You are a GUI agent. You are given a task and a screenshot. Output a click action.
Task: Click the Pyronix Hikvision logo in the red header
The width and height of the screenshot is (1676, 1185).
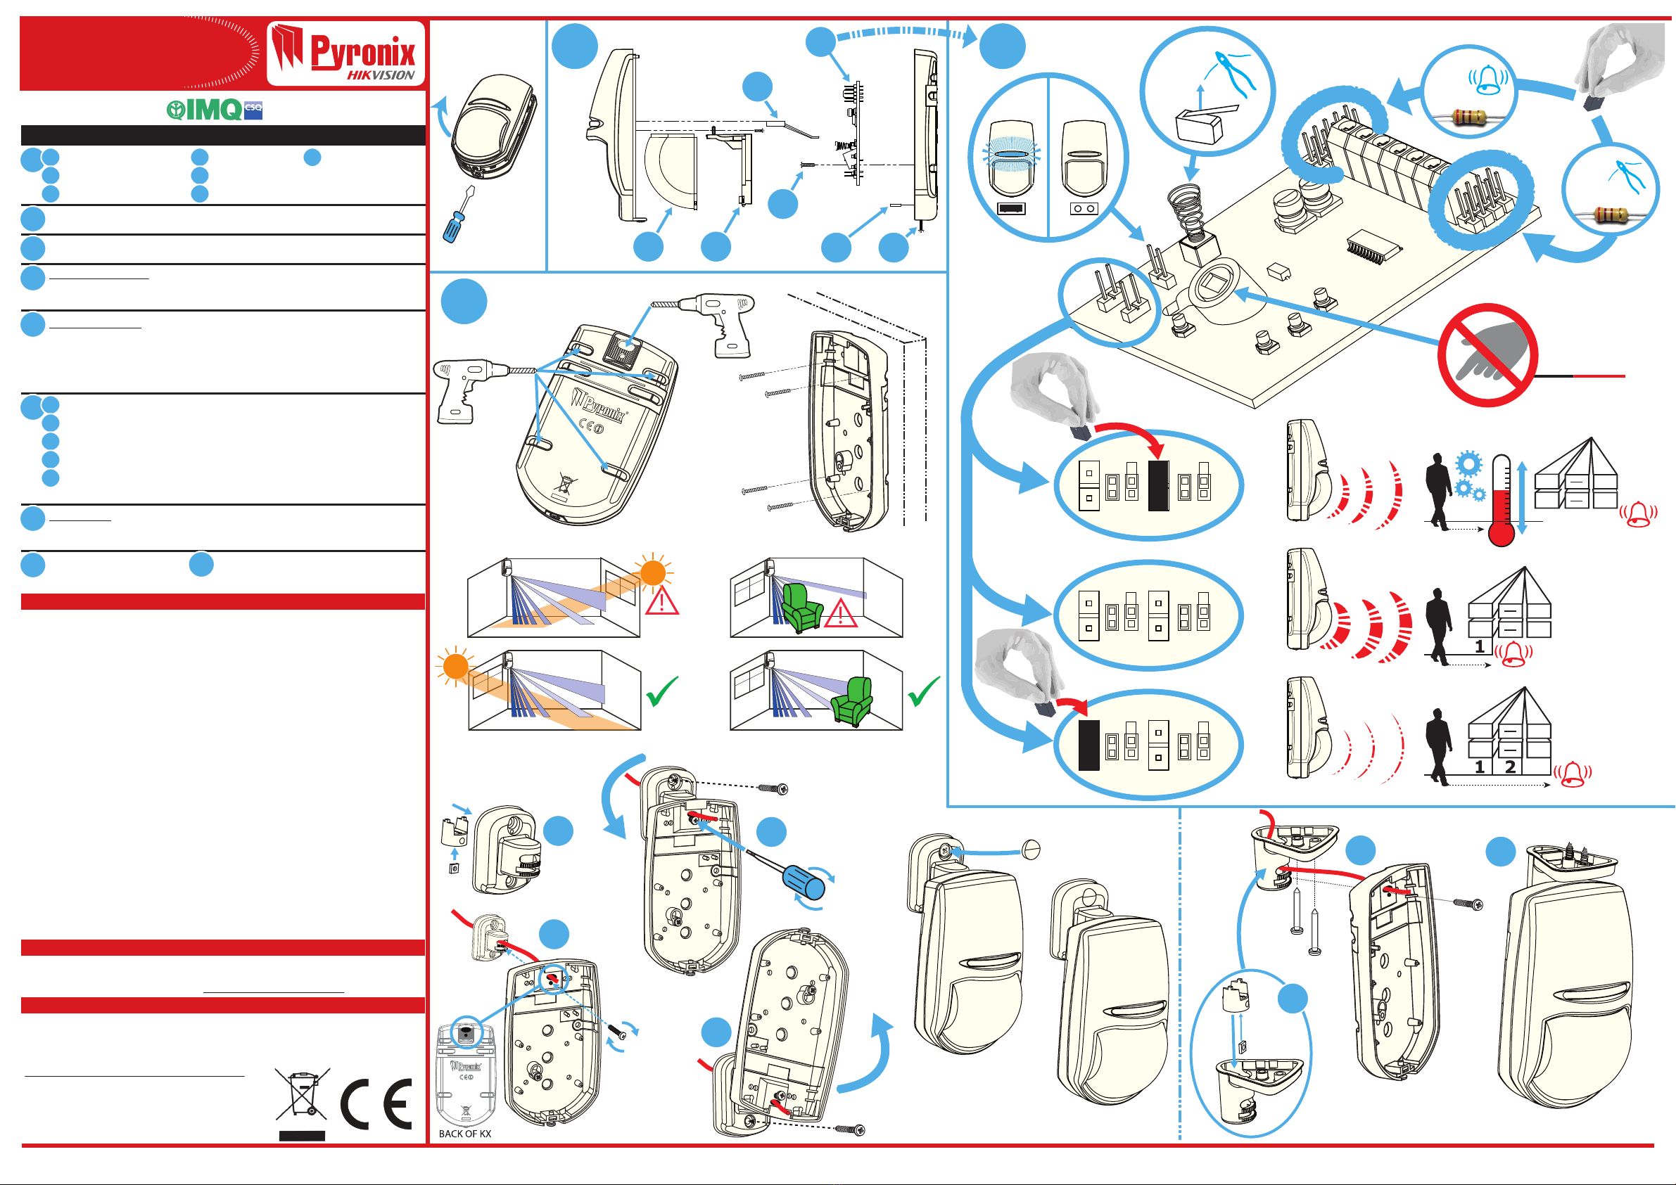click(345, 55)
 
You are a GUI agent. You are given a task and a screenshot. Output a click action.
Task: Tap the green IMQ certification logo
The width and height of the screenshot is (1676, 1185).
click(214, 110)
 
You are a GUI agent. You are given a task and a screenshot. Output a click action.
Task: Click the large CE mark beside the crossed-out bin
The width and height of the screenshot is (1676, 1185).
click(376, 1103)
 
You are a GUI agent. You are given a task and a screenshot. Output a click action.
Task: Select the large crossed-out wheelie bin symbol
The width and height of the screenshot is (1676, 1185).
click(301, 1094)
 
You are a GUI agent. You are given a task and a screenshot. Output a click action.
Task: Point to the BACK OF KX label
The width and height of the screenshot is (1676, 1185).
click(465, 1134)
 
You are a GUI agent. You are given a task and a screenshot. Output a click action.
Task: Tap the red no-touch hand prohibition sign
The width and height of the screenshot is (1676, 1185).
click(1487, 355)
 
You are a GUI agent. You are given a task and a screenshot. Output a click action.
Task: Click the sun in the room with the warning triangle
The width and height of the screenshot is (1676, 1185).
click(652, 572)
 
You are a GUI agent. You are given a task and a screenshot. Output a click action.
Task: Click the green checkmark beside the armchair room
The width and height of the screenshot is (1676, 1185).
click(923, 691)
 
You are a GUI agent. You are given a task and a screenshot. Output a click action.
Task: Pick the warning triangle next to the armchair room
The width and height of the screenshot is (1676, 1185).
click(840, 613)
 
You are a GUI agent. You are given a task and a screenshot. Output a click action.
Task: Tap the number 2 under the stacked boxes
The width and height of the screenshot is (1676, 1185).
click(1510, 767)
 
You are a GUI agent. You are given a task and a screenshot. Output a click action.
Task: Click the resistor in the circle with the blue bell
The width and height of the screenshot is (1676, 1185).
click(1468, 117)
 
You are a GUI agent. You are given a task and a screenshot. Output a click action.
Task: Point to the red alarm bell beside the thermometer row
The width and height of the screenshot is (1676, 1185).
click(1638, 514)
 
